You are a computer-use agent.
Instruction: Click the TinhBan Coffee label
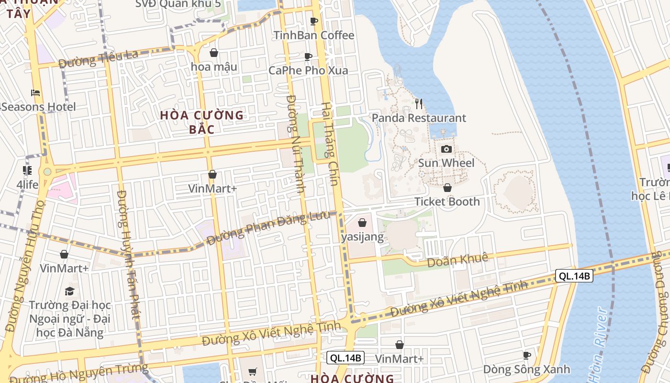click(x=314, y=35)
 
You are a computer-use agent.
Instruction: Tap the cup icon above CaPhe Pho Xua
click(x=309, y=57)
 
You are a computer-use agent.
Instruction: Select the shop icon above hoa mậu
click(x=214, y=53)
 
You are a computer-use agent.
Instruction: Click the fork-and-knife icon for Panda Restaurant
click(x=419, y=103)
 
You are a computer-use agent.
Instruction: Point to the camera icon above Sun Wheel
click(x=446, y=149)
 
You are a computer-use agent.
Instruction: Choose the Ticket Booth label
click(x=447, y=202)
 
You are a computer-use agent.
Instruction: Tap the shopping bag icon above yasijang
click(x=362, y=223)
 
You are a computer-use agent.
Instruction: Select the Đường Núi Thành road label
click(x=296, y=144)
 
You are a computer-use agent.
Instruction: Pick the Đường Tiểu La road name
click(x=99, y=58)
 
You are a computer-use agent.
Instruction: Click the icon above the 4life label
click(x=27, y=170)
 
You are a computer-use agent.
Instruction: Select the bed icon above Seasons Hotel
click(x=35, y=93)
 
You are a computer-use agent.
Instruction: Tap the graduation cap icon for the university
click(x=70, y=291)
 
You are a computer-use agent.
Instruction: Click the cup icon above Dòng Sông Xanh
click(x=526, y=355)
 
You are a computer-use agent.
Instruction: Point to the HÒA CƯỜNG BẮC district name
click(x=202, y=122)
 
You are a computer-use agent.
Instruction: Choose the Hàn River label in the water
click(x=596, y=347)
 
